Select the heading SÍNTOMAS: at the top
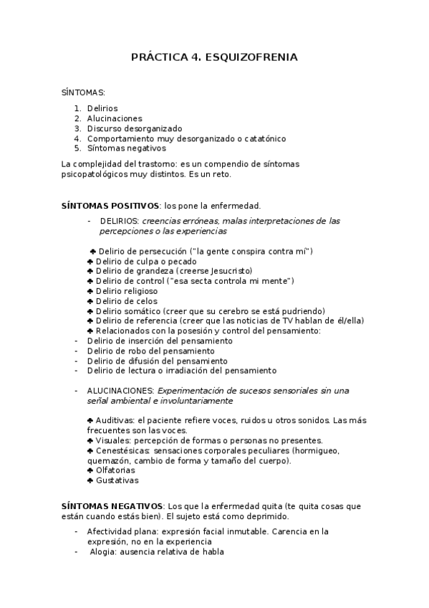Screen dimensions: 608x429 [84, 92]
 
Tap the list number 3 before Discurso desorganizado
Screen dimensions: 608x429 [77, 128]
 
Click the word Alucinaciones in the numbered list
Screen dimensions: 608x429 [115, 118]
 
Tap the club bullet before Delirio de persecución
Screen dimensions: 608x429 [93, 251]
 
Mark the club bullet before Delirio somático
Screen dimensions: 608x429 [90, 311]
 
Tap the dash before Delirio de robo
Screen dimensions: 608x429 [77, 351]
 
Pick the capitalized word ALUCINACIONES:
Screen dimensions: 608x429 [120, 390]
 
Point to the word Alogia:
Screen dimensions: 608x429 [105, 551]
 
